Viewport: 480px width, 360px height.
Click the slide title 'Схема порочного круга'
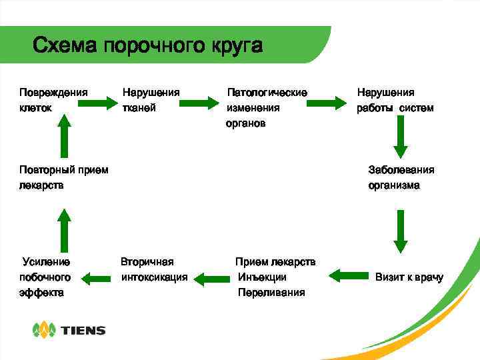(148, 46)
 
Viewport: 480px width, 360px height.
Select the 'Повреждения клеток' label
(53, 99)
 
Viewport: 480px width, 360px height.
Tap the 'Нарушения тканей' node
(151, 99)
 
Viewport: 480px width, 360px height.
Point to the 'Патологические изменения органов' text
(267, 107)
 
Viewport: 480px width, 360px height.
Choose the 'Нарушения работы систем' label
(395, 99)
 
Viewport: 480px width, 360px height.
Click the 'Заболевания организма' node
(401, 177)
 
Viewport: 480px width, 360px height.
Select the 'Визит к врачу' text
(409, 277)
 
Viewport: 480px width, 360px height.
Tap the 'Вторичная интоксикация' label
(153, 269)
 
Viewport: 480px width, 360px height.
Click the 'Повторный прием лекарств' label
(63, 177)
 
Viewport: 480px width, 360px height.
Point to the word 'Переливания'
(271, 293)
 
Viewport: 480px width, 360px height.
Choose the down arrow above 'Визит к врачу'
(400, 231)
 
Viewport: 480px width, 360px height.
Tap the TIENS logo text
(83, 330)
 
